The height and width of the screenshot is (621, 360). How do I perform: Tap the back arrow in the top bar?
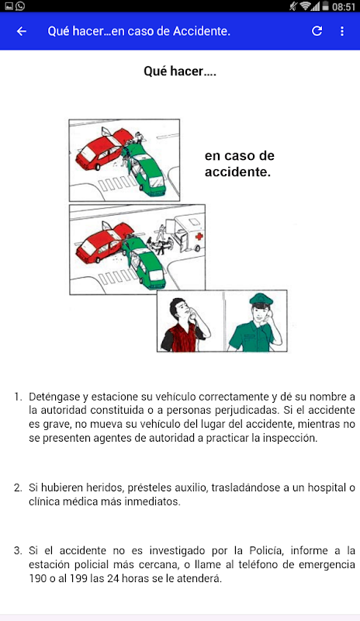[22, 31]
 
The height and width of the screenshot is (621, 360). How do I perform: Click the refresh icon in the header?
[317, 31]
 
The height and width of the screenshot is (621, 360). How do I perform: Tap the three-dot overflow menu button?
[342, 31]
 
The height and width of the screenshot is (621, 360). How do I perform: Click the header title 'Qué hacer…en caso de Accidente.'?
[139, 31]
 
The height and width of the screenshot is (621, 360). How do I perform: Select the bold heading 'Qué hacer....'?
[180, 71]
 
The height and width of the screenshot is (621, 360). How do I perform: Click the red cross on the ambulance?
[199, 237]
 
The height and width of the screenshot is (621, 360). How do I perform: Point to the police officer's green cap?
[261, 300]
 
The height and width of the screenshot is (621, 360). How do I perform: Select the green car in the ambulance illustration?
[143, 262]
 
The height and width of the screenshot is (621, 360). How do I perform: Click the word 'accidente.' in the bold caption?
[237, 172]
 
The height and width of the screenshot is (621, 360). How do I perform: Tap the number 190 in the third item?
[37, 578]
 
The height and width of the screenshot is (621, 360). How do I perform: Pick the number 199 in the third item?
[78, 578]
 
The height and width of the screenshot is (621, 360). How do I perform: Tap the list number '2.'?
[18, 487]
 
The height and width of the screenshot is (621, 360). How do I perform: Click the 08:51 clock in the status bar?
[344, 7]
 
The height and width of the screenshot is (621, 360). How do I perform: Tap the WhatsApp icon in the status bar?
[20, 6]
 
